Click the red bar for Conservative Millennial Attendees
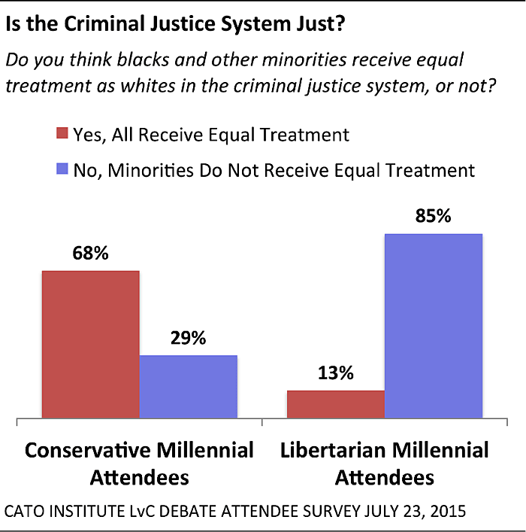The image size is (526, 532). pyautogui.click(x=90, y=343)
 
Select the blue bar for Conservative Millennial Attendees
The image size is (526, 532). pyautogui.click(x=188, y=385)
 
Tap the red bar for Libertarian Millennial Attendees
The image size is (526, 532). pyautogui.click(x=335, y=403)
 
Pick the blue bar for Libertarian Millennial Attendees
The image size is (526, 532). pyautogui.click(x=433, y=324)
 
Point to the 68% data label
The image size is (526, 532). pyautogui.click(x=90, y=254)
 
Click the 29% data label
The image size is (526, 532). pyautogui.click(x=188, y=338)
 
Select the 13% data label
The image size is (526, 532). pyautogui.click(x=335, y=374)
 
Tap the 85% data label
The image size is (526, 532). pyautogui.click(x=433, y=217)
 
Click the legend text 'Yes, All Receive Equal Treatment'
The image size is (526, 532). pyautogui.click(x=210, y=135)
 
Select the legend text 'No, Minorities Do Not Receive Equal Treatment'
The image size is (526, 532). pyautogui.click(x=274, y=170)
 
